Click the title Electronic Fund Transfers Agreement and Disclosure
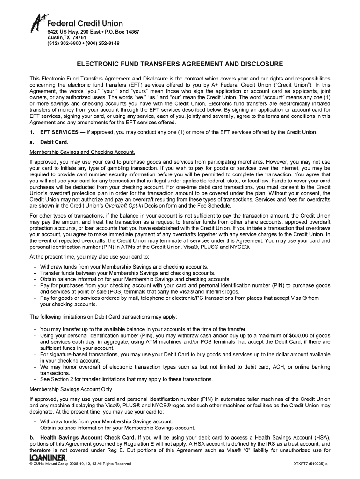click(180, 63)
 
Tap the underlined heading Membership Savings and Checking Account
click(82, 152)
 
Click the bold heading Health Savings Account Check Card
click(92, 438)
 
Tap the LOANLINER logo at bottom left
click(48, 457)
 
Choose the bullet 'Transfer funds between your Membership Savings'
click(128, 273)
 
